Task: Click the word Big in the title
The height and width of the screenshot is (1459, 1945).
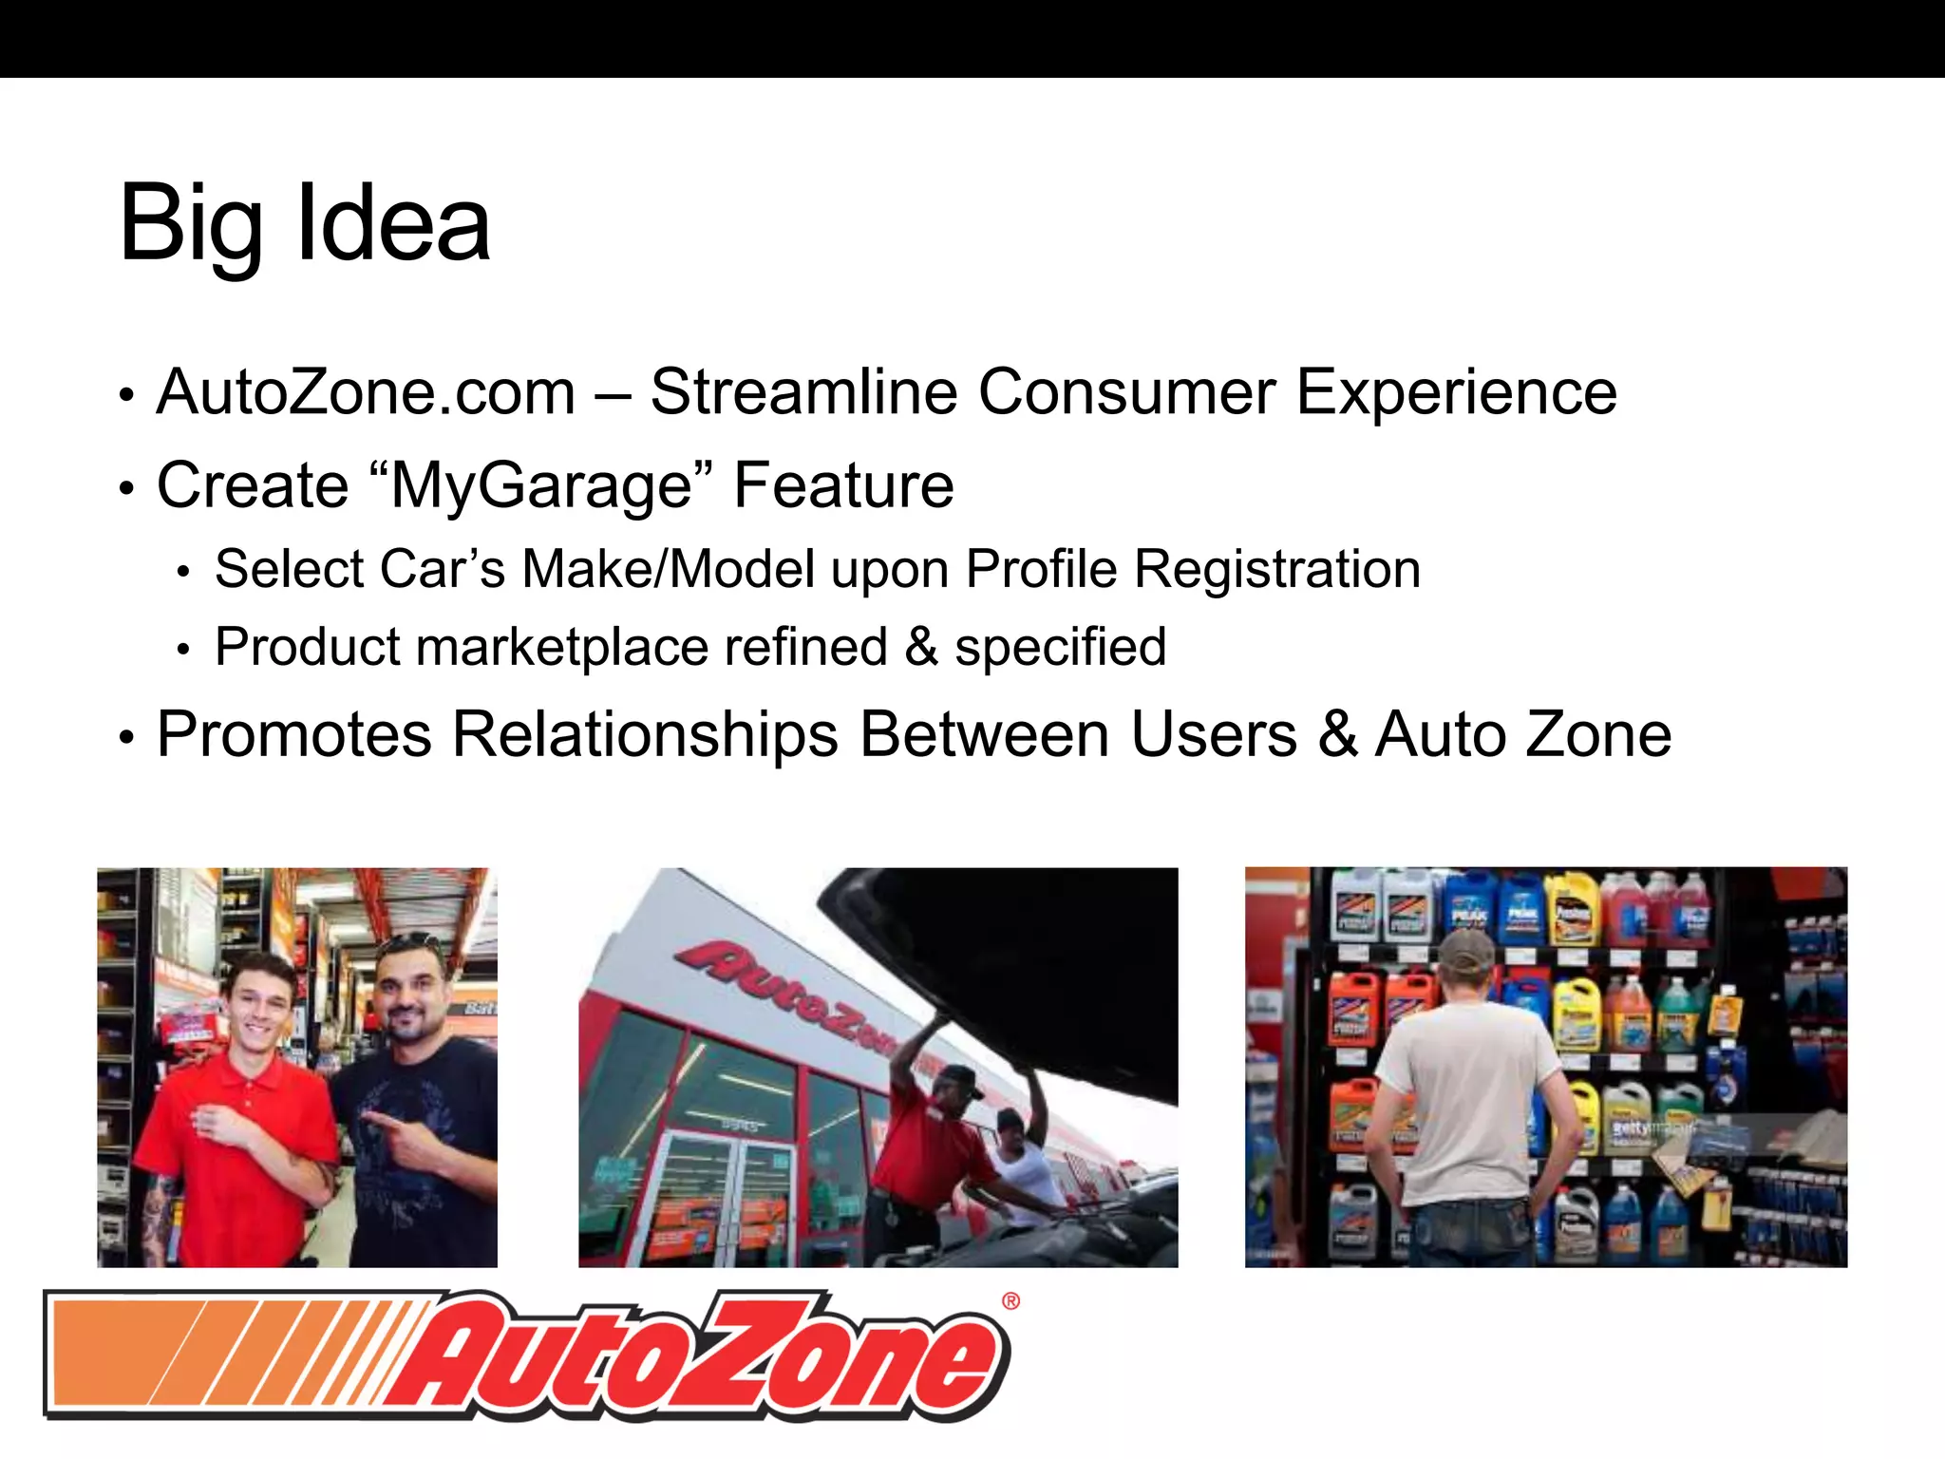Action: pyautogui.click(x=190, y=224)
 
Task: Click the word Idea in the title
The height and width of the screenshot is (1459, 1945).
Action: pyautogui.click(x=393, y=224)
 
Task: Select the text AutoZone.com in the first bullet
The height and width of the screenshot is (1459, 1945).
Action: pyautogui.click(x=366, y=391)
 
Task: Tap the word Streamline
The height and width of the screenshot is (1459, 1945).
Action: pyautogui.click(x=803, y=391)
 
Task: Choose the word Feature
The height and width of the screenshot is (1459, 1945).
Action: pyautogui.click(x=843, y=485)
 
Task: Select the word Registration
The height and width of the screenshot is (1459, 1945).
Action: pyautogui.click(x=1277, y=569)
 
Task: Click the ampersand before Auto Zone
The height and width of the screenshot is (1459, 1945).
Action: pyautogui.click(x=1337, y=734)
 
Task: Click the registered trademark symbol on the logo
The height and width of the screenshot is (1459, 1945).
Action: pyautogui.click(x=1010, y=1301)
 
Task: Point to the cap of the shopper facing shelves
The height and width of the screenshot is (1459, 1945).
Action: pyautogui.click(x=1467, y=950)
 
